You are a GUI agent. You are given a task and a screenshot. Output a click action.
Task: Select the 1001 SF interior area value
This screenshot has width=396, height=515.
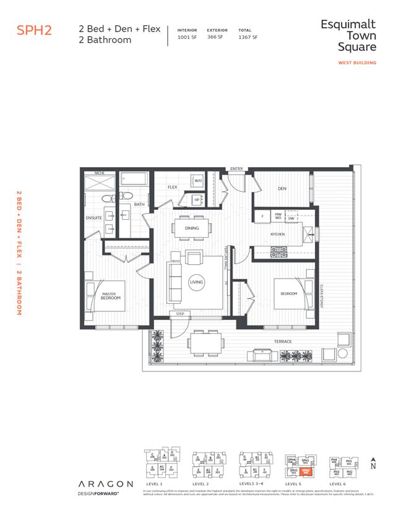pyautogui.click(x=186, y=37)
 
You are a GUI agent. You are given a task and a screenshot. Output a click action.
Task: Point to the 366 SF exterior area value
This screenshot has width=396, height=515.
pyautogui.click(x=216, y=37)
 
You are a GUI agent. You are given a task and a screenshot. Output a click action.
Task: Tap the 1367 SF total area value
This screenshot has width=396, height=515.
pyautogui.click(x=247, y=37)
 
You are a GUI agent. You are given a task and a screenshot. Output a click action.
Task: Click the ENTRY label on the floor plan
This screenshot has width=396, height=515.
pyautogui.click(x=236, y=168)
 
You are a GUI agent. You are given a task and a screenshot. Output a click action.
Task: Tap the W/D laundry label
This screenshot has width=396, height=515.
pyautogui.click(x=198, y=181)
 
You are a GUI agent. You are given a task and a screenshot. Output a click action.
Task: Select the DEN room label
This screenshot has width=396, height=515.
pyautogui.click(x=282, y=189)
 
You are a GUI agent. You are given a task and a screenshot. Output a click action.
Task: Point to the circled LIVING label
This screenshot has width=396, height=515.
pyautogui.click(x=196, y=282)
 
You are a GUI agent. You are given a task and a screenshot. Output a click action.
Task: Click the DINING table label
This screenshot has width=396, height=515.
pyautogui.click(x=192, y=228)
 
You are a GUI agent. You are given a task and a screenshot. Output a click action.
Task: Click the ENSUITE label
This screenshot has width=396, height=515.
pyautogui.click(x=94, y=218)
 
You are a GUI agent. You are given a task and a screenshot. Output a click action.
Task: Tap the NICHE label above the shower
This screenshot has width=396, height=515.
pyautogui.click(x=100, y=173)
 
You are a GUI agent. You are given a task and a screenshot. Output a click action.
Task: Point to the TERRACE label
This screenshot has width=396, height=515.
pyautogui.click(x=283, y=342)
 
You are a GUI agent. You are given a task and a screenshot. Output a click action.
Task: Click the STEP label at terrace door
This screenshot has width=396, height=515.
pyautogui.click(x=180, y=314)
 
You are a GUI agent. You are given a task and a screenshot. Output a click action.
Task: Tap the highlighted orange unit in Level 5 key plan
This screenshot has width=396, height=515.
pyautogui.click(x=306, y=471)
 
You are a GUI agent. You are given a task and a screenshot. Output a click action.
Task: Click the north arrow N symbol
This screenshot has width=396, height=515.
pyautogui.click(x=372, y=464)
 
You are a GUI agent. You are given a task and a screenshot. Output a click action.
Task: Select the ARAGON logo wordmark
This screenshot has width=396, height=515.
pyautogui.click(x=105, y=483)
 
